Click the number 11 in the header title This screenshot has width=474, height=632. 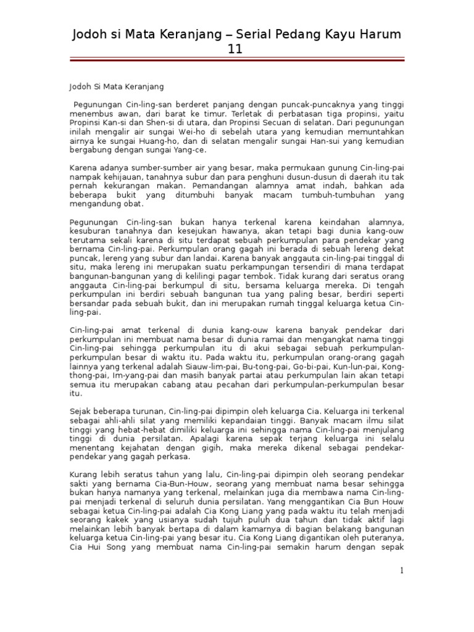pos(237,49)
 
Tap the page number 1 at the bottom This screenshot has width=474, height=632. pos(402,571)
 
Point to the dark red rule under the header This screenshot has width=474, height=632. pos(237,60)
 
